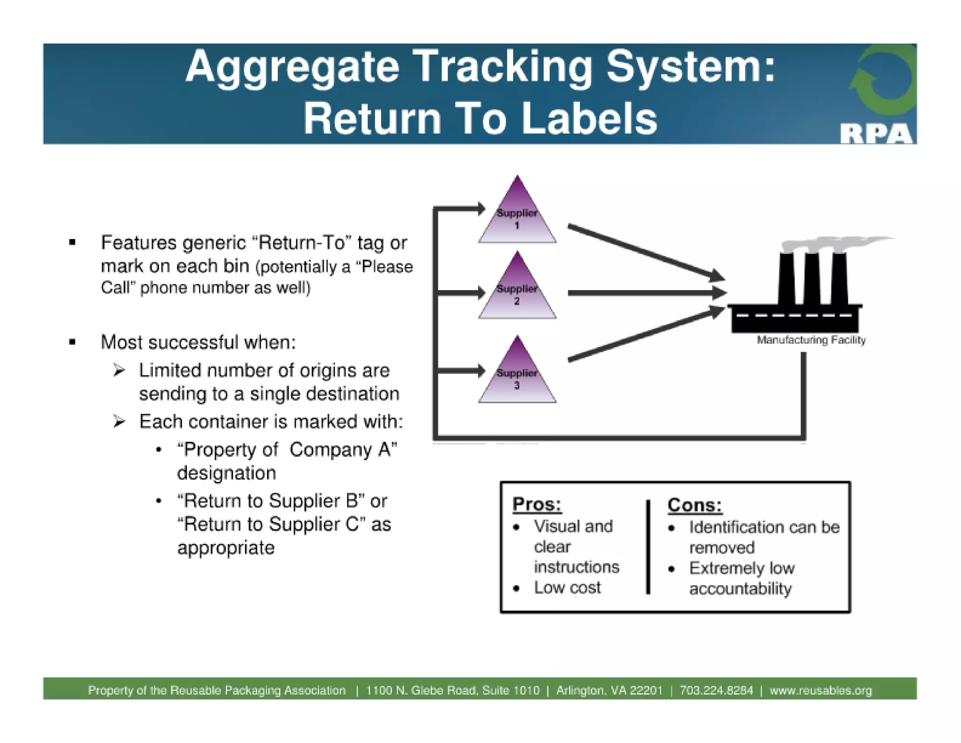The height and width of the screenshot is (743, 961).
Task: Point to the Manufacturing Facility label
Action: (811, 340)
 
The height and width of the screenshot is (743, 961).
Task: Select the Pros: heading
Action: (536, 504)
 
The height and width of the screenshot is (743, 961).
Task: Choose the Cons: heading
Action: (694, 505)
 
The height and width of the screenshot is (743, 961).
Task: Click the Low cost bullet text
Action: (567, 588)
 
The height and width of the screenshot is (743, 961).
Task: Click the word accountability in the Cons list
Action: (740, 588)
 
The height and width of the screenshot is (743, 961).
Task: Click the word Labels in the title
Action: (589, 119)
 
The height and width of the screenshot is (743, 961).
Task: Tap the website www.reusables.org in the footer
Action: (821, 690)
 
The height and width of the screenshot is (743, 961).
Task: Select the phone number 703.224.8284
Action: (716, 690)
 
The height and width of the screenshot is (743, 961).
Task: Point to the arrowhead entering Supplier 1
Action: (481, 208)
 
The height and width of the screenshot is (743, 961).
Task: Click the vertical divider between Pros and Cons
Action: (648, 547)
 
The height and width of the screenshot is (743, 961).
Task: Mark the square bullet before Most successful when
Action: (72, 342)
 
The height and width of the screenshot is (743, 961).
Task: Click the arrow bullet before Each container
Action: (119, 421)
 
